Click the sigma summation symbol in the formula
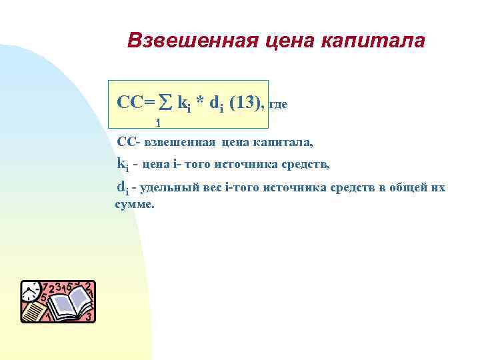point(167,103)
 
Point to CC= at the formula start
point(136,103)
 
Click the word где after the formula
point(277,105)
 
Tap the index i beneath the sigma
point(158,123)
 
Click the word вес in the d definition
point(213,188)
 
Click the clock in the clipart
point(31,291)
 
